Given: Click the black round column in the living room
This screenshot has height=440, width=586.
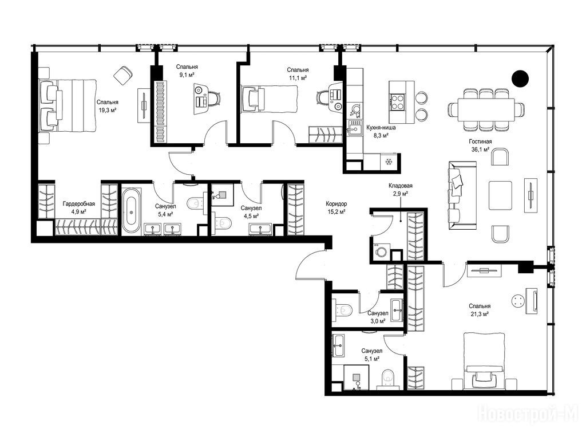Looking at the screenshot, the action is click(520, 78).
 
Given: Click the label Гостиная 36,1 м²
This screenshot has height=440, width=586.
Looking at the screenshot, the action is click(480, 146).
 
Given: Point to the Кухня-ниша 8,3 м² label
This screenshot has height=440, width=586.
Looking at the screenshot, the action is click(381, 131).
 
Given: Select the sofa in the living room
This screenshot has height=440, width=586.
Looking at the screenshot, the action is click(462, 195).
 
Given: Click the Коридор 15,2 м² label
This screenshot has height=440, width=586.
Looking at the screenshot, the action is click(336, 207).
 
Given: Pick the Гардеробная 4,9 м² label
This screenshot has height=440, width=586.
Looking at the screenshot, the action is click(78, 207).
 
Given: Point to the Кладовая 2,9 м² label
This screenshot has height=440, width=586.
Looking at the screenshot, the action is click(400, 189).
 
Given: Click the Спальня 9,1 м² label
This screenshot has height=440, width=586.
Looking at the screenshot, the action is click(187, 70).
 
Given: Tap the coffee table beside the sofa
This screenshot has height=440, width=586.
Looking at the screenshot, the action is click(500, 195).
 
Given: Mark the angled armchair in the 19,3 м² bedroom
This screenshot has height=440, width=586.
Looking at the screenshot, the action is click(123, 75).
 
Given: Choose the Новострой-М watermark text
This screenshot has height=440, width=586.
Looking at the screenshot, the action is click(530, 412).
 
